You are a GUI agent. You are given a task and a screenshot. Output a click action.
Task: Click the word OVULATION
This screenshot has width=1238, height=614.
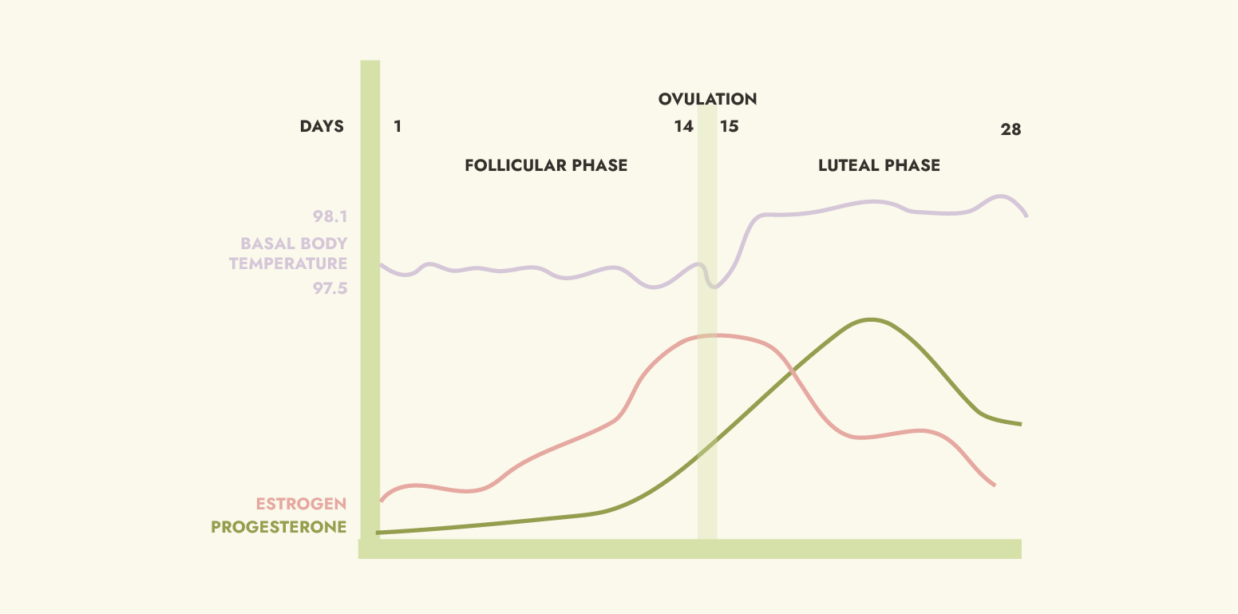pos(707,99)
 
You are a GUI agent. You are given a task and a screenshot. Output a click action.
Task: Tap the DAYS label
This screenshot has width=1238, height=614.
pos(322,126)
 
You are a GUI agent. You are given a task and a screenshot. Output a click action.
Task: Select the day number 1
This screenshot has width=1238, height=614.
pos(398,126)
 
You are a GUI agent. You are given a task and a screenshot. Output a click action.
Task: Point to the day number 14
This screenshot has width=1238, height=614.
pos(683,126)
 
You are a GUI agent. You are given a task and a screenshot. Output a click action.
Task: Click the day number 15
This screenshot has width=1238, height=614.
pos(730,126)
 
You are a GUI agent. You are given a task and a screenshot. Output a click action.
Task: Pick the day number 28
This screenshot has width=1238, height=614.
pos(1011,129)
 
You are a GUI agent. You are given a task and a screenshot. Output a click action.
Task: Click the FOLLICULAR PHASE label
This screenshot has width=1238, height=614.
pos(546,165)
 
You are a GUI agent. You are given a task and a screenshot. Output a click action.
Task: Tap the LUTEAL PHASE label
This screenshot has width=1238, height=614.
pos(879,165)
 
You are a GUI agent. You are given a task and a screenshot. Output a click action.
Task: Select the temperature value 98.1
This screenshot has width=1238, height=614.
pos(330,216)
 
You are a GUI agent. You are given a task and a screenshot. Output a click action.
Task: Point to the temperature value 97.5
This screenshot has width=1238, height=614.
pos(330,288)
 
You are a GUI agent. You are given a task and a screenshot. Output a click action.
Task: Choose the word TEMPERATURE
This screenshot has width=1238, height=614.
pos(288,263)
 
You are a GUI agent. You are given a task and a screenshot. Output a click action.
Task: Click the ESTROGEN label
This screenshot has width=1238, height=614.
pos(301,504)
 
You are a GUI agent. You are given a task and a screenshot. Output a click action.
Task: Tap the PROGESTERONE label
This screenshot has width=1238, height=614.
pos(279,527)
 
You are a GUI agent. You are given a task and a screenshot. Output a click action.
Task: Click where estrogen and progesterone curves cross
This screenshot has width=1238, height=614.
pos(791,371)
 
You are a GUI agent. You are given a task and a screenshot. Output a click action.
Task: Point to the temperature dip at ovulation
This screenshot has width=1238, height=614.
pos(714,287)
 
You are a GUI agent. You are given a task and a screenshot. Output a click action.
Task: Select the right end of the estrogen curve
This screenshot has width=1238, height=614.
pos(995,485)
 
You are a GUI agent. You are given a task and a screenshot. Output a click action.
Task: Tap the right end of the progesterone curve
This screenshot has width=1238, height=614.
pos(1020,424)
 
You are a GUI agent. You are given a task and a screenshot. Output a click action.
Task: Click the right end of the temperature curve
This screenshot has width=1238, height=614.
pos(1026,216)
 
